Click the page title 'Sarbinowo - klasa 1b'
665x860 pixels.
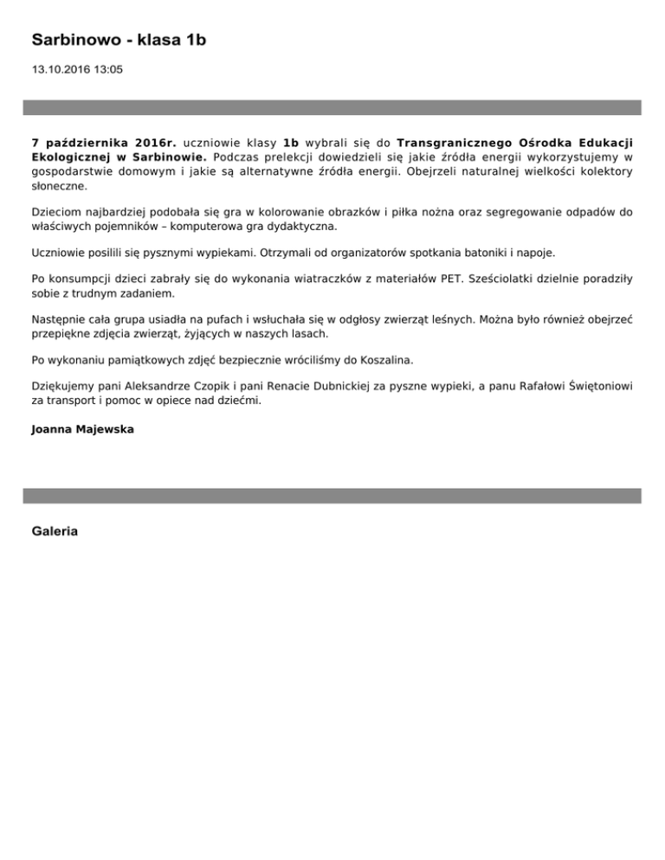pos(119,40)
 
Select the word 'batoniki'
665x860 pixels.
pos(460,252)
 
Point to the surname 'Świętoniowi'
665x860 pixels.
pos(597,386)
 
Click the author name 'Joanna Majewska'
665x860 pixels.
pos(82,428)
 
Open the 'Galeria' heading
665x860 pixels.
pos(55,531)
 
